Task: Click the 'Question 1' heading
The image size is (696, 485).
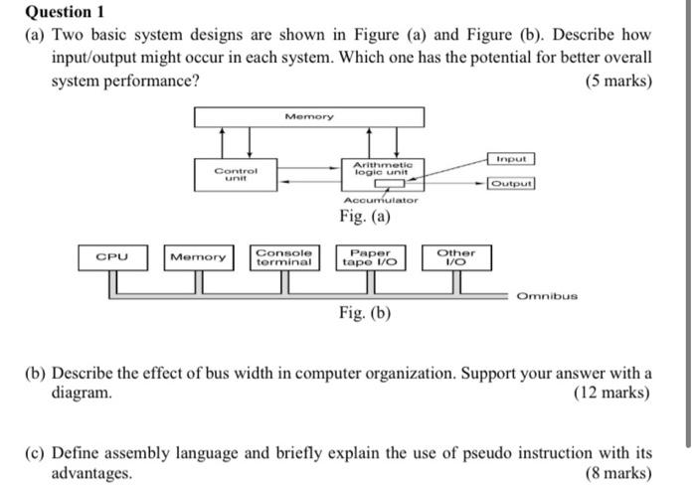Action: coord(64,12)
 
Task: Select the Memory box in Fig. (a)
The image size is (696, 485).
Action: coord(309,117)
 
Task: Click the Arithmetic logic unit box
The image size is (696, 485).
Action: coord(382,168)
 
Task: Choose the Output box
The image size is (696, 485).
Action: coord(512,183)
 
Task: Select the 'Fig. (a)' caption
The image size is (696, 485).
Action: coord(364,217)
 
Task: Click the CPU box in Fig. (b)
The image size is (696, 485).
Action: coord(111,257)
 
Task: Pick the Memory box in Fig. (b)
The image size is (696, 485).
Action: coord(199,257)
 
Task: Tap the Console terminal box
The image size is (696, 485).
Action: coord(284,257)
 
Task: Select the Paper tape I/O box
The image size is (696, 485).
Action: coord(370,257)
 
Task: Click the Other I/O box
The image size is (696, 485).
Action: coord(456,257)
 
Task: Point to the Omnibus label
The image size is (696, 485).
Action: coord(546,295)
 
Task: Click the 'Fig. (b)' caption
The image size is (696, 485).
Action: coord(364,313)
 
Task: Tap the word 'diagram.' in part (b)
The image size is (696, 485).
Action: coord(82,393)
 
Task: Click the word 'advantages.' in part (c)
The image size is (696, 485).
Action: coord(91,473)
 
